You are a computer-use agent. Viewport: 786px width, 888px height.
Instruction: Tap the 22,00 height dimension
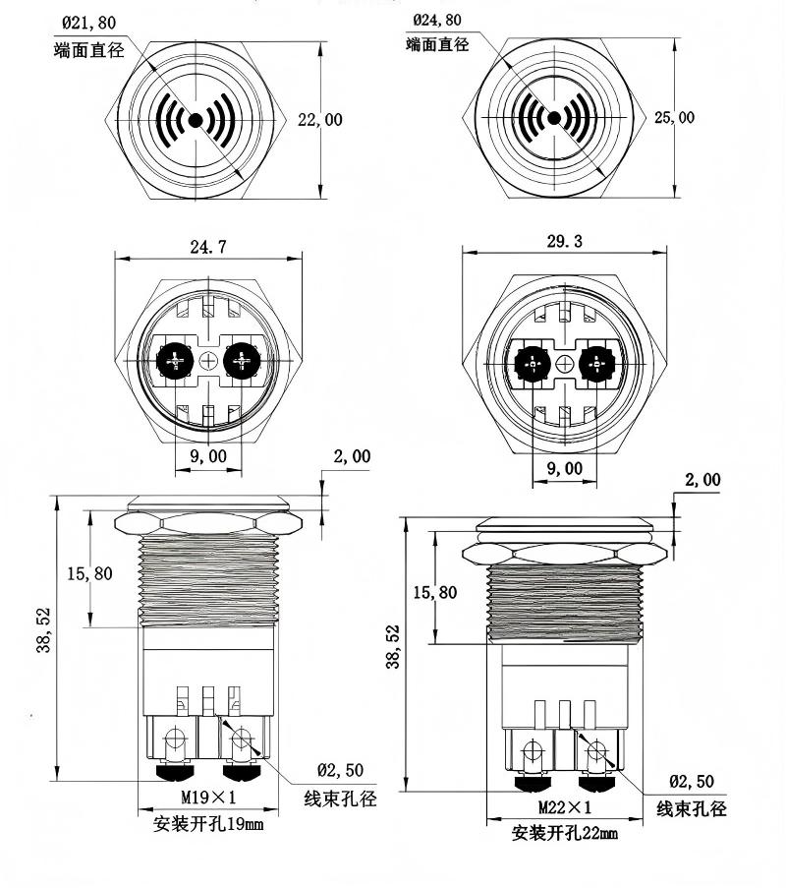click(x=320, y=120)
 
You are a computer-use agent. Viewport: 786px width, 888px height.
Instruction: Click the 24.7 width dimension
click(x=207, y=248)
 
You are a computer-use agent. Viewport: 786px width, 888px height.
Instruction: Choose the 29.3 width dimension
click(x=564, y=241)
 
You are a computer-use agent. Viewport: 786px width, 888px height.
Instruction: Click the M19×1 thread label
click(x=208, y=797)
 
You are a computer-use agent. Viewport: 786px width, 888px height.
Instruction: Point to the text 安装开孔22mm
click(x=564, y=834)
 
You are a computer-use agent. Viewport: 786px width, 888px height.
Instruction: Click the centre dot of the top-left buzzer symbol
click(x=195, y=120)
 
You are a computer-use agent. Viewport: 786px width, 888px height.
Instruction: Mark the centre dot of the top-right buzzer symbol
click(x=553, y=119)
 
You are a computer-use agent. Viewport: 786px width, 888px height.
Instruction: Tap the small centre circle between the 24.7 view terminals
click(x=207, y=362)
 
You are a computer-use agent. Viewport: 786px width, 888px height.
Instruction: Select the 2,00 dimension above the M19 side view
click(x=352, y=456)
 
